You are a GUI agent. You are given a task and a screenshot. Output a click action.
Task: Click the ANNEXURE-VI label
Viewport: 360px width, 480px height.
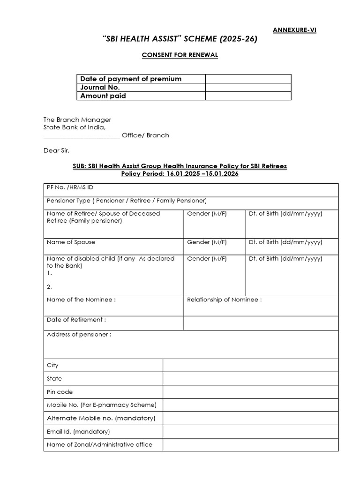point(294,30)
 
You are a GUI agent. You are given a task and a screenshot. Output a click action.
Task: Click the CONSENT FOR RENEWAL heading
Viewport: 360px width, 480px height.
point(180,55)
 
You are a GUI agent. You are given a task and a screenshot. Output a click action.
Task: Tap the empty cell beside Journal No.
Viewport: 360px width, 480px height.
point(248,87)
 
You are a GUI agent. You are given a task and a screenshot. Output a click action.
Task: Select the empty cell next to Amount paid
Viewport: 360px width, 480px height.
point(248,96)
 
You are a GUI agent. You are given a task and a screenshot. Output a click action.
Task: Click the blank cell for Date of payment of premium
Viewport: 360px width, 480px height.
point(248,79)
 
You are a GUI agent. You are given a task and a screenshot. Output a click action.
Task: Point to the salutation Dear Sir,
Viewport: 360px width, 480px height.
point(56,150)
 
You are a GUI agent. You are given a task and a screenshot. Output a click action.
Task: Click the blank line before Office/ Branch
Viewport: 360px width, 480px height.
point(82,135)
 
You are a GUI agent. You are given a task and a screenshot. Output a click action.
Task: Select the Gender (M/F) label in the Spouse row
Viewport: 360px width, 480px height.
point(207,242)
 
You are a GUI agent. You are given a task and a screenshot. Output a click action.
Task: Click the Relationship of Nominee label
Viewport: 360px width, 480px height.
point(224,300)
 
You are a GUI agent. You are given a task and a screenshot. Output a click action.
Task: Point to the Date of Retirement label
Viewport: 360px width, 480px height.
point(76,320)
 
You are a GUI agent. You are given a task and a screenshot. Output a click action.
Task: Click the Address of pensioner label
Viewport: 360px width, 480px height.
point(79,335)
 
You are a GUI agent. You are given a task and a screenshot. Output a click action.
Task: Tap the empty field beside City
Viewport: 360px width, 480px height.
point(250,365)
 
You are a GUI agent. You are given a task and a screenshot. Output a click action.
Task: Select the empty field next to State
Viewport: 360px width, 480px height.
point(250,378)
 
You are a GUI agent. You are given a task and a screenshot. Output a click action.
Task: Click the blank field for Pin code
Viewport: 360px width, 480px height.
point(250,392)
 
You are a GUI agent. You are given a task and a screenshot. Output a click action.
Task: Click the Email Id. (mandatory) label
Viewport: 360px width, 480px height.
point(78,431)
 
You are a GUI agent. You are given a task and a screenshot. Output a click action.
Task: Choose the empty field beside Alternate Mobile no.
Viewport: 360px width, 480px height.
point(250,418)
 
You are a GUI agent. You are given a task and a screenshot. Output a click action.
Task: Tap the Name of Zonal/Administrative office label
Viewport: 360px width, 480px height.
point(99,444)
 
